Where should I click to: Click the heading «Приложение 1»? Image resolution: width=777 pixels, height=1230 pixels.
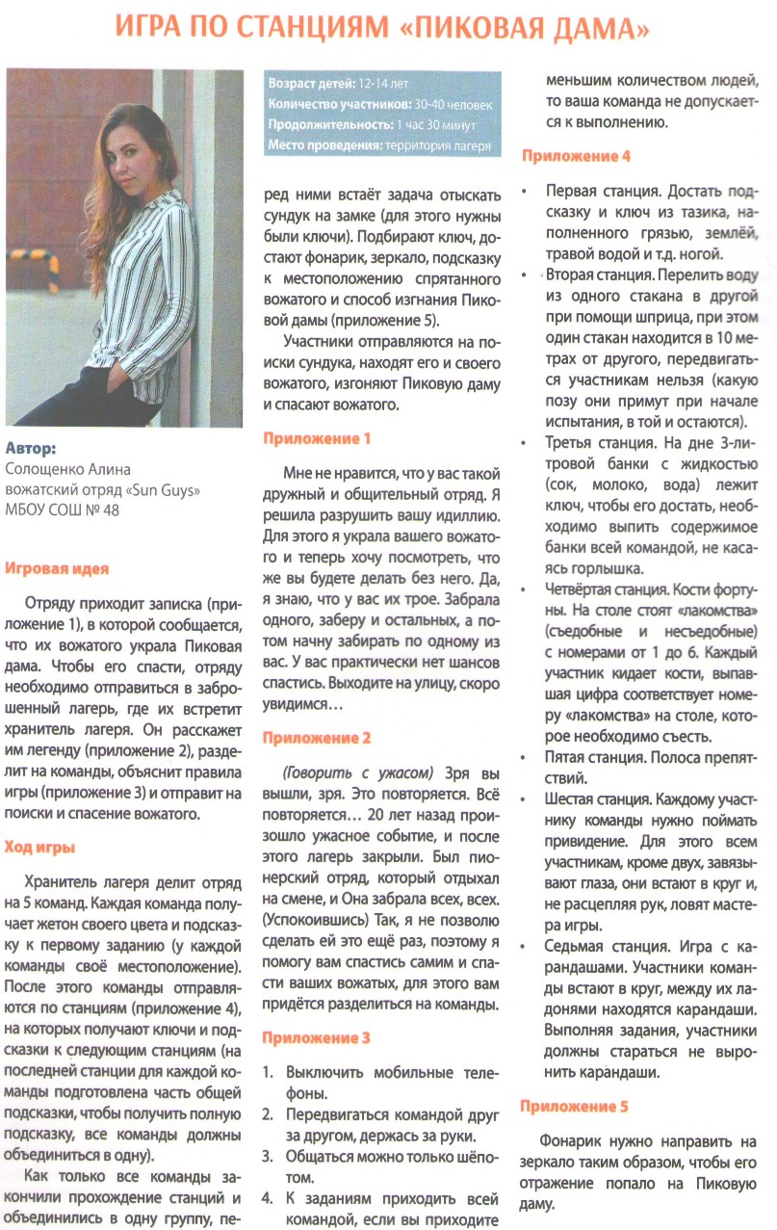click(x=317, y=438)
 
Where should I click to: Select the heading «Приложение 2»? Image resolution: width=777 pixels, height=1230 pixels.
click(x=317, y=738)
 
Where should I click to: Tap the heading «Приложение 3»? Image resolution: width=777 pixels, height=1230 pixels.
click(x=317, y=1038)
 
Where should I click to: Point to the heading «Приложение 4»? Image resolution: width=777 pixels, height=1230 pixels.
click(x=576, y=155)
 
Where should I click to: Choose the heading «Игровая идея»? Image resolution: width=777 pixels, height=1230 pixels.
click(x=57, y=568)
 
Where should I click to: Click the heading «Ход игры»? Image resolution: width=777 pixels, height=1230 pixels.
click(x=40, y=847)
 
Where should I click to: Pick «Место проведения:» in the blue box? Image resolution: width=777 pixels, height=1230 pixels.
click(x=324, y=146)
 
